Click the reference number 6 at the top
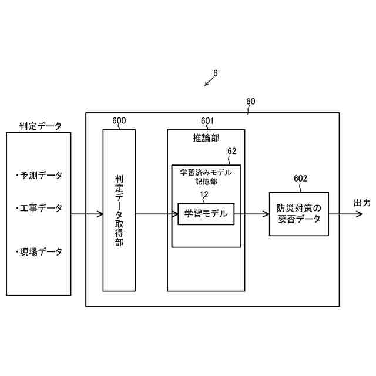point(216,73)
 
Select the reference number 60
point(251,101)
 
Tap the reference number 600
point(119,121)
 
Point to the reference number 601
point(207,121)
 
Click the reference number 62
point(231,151)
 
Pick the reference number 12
point(204,194)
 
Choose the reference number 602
point(301,179)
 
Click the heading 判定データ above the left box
point(40,126)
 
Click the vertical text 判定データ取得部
point(119,210)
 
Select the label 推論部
point(206,139)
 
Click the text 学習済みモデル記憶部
point(206,177)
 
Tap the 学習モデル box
point(206,214)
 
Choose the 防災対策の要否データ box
point(298,214)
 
